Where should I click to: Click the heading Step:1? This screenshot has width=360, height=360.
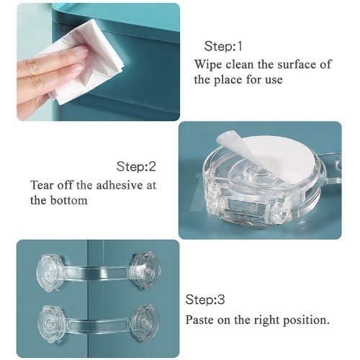pyautogui.click(x=223, y=46)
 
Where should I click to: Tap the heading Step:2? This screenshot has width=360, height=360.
pyautogui.click(x=136, y=166)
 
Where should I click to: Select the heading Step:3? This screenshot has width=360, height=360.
pyautogui.click(x=205, y=300)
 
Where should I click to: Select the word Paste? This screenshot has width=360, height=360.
pyautogui.click(x=199, y=320)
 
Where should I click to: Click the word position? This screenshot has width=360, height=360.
pyautogui.click(x=305, y=320)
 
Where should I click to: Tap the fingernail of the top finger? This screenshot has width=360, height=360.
pyautogui.click(x=80, y=51)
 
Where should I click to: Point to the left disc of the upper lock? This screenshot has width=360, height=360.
pyautogui.click(x=50, y=274)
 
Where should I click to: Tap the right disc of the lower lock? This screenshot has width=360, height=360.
pyautogui.click(x=145, y=321)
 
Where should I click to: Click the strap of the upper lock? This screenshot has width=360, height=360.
pyautogui.click(x=97, y=273)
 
